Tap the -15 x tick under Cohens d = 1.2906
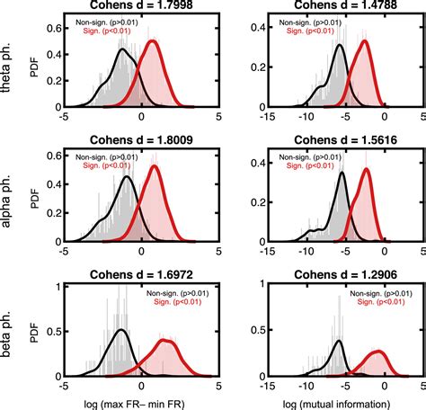[x=270, y=385]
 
